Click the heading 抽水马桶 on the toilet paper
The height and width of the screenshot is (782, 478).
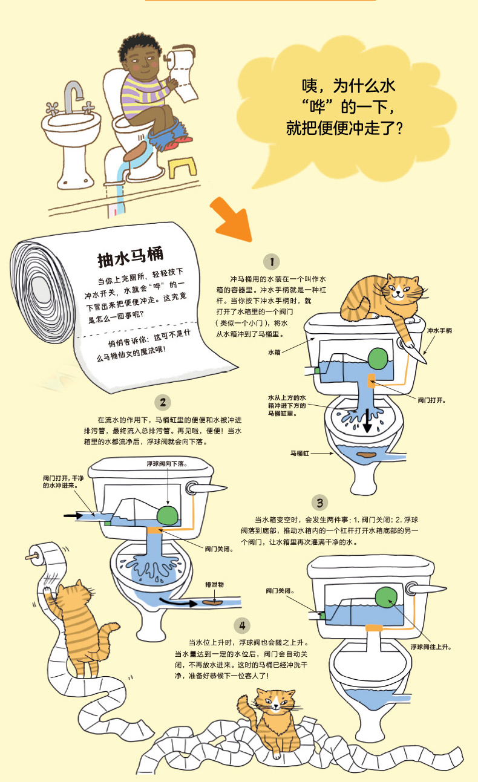coord(130,258)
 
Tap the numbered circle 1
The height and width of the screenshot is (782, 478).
coord(272,261)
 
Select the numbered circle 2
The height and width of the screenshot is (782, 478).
coord(162,402)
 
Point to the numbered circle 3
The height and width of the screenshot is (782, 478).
coord(319,502)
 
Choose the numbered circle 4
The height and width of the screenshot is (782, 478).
coord(242,625)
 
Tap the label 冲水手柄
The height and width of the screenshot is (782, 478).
coord(439,331)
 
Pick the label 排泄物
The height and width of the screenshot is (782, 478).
coord(215,585)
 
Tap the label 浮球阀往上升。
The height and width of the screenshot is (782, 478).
coord(431,647)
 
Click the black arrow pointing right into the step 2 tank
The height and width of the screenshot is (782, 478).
coord(73,515)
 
